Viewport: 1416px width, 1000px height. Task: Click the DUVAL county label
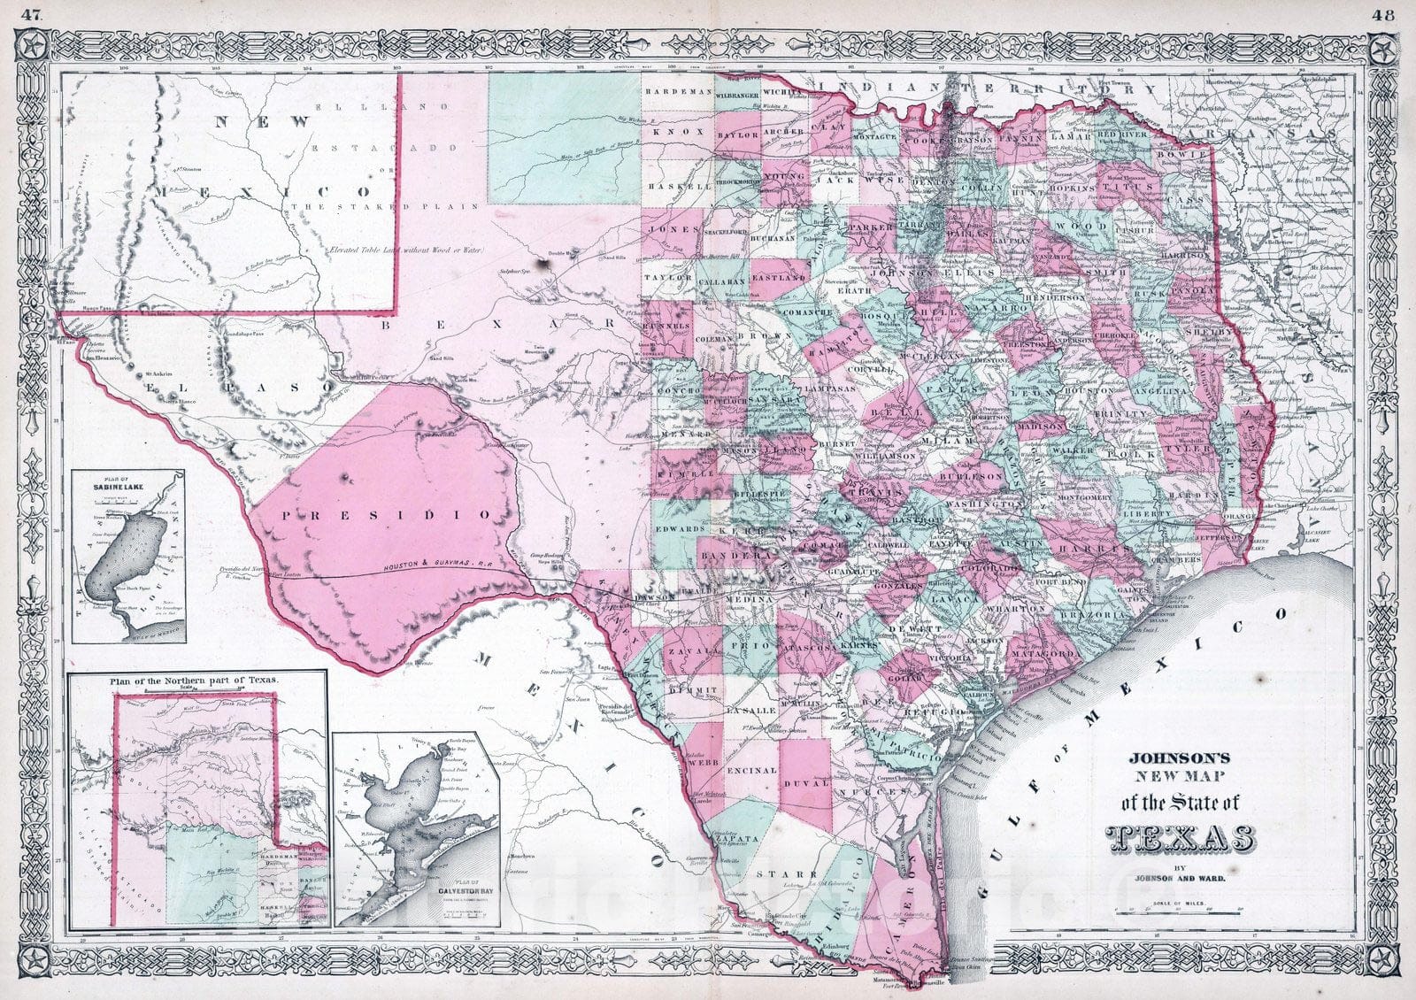point(808,782)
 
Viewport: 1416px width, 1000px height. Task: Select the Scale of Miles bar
point(1176,909)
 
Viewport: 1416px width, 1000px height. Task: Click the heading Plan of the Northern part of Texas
point(194,679)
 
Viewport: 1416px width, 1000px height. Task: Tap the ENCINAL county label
point(750,771)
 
